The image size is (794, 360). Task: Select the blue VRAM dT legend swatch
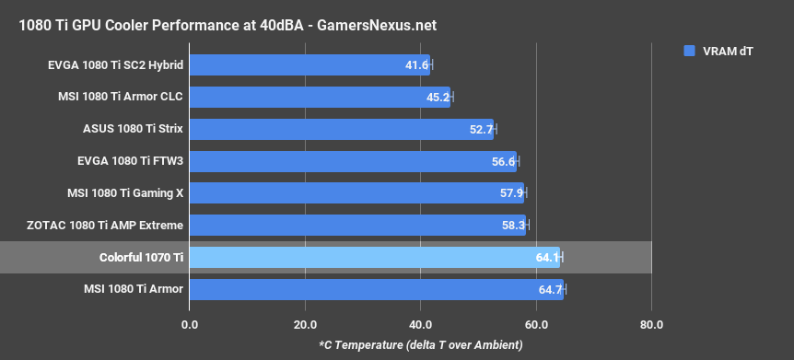pos(688,52)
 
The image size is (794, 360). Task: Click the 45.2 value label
pos(438,98)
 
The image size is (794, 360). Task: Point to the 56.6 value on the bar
pos(504,161)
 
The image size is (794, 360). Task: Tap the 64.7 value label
pos(550,289)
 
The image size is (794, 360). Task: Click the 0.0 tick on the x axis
pos(190,324)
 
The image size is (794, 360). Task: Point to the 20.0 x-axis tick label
pos(305,324)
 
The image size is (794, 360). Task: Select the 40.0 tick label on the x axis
pos(420,324)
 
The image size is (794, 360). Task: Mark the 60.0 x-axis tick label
pos(536,324)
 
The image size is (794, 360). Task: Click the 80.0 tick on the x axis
pos(651,324)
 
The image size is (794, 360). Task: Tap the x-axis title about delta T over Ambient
pos(420,344)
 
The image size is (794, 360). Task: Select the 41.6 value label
pos(416,65)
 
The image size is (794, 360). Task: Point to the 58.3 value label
pos(513,226)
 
